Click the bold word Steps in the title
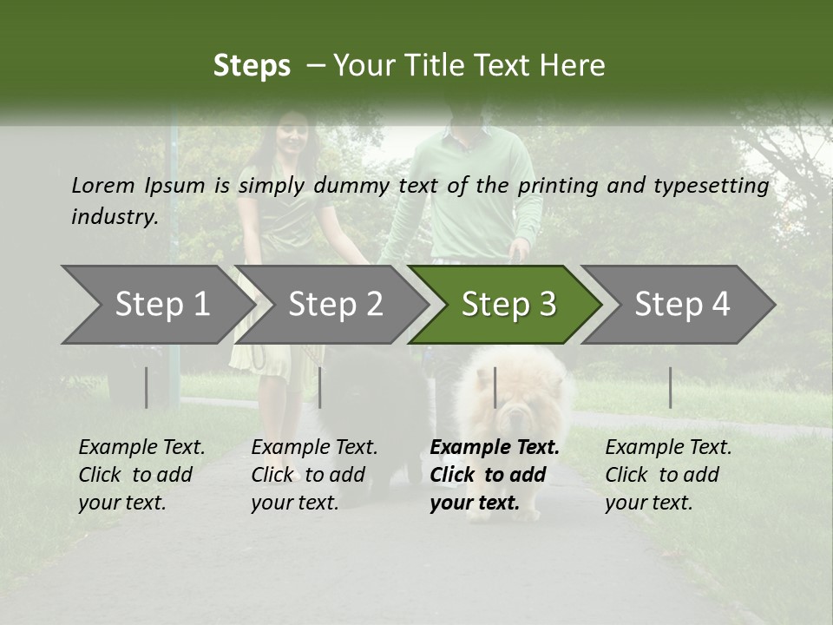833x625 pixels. [x=252, y=66]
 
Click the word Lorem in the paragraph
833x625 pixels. [x=102, y=185]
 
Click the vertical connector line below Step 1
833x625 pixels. [x=146, y=387]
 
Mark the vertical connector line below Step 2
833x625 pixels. [x=320, y=387]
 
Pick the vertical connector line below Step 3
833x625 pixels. [x=495, y=387]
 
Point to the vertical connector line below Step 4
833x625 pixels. [x=670, y=387]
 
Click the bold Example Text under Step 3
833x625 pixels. [x=495, y=448]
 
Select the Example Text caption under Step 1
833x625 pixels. [x=141, y=448]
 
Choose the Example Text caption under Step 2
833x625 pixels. [x=314, y=448]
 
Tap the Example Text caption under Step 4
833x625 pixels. [x=668, y=448]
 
